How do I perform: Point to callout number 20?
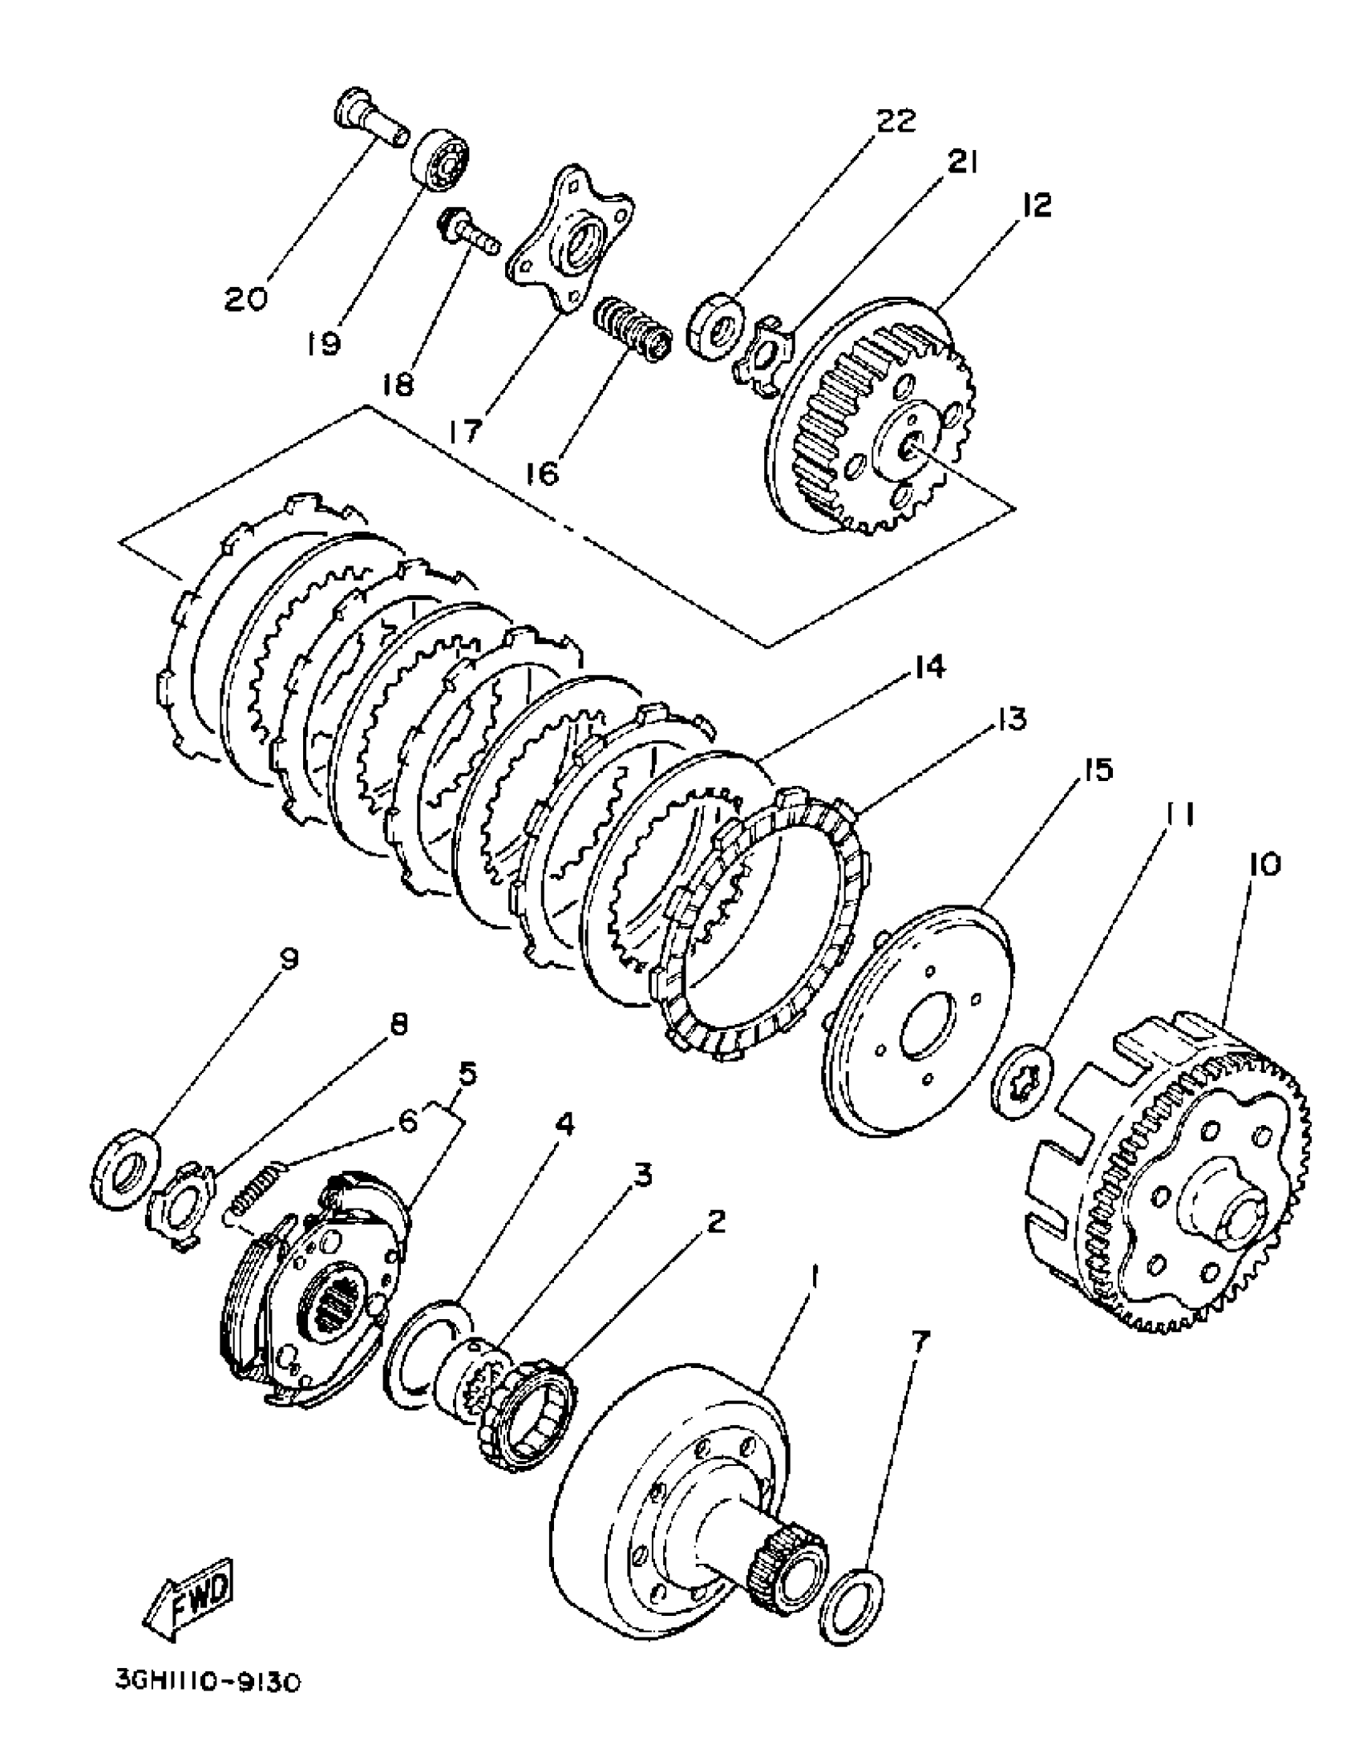[x=247, y=298]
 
